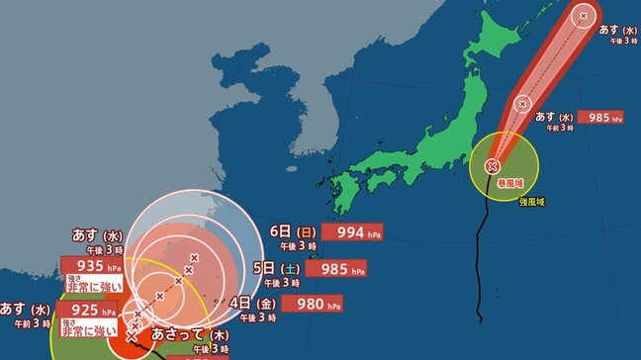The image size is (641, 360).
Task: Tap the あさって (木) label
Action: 184,336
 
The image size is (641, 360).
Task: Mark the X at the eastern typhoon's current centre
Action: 492,166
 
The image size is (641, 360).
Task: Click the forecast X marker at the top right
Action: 584,15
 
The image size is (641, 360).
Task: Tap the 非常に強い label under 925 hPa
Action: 91,329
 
